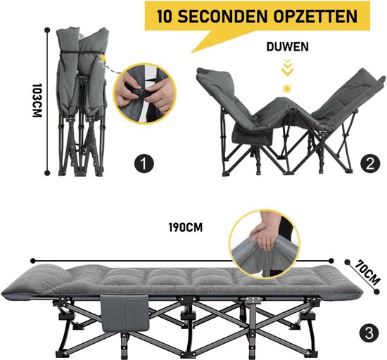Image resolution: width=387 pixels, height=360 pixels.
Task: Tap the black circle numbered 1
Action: [144, 164]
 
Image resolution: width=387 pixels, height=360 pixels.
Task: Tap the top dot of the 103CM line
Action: [48, 30]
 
